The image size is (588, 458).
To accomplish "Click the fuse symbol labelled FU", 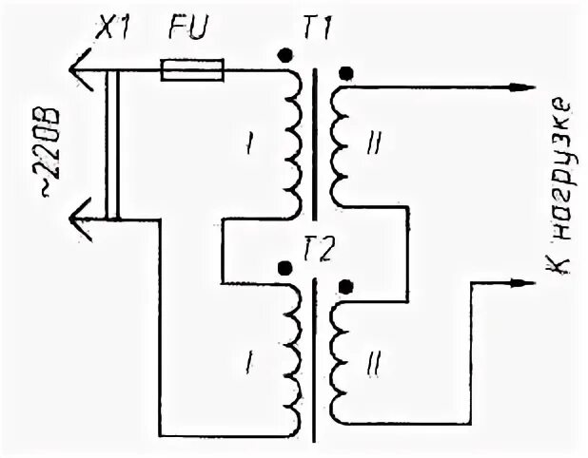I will coord(192,69).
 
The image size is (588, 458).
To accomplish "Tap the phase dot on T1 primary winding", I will coord(284,56).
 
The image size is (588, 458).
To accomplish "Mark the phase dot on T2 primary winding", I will coord(284,269).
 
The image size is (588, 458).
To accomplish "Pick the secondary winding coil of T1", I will coord(337,143).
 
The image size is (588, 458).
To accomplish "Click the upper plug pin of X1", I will coord(81,68).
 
